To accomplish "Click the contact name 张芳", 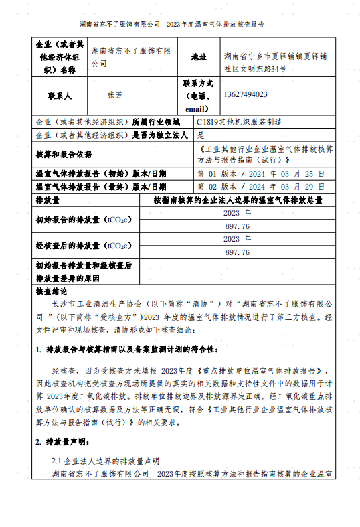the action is pos(115,95).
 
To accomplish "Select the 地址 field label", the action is pos(199,57).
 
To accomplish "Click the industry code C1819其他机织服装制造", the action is pos(239,122).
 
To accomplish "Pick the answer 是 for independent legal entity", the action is pos(201,135).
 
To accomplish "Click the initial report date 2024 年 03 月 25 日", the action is pos(262,173).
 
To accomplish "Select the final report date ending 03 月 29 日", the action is pos(262,186).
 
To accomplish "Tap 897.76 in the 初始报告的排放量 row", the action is pos(238,226).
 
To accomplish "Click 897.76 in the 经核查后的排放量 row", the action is pos(238,252).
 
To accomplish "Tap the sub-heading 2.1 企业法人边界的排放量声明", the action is pos(105,461).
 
